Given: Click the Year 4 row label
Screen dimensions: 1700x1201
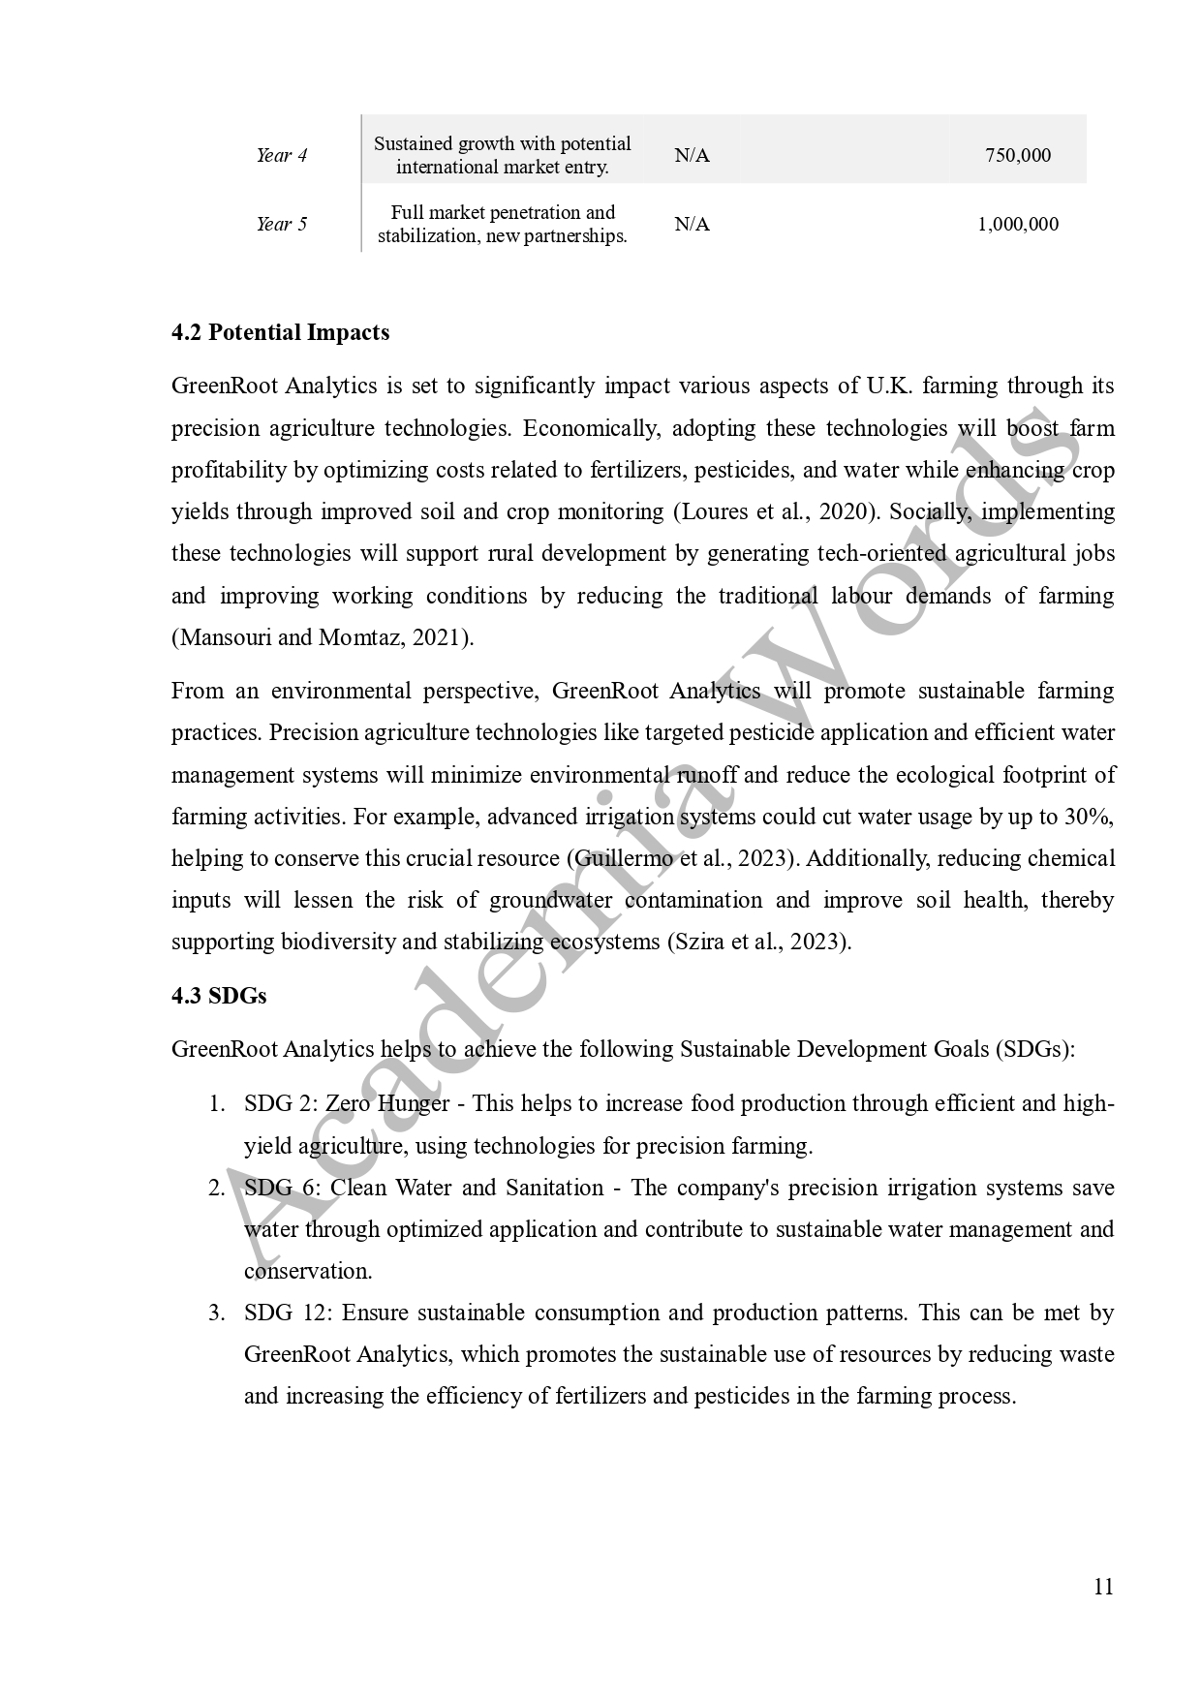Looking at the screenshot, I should (x=281, y=156).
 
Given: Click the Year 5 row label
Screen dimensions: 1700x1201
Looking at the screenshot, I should (x=281, y=225).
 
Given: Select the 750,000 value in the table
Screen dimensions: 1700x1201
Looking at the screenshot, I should (x=1017, y=156).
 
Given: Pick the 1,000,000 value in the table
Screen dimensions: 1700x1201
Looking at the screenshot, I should (x=1017, y=225).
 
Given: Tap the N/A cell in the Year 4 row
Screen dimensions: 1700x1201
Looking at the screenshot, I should (x=692, y=156).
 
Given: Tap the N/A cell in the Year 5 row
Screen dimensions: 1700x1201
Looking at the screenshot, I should (x=692, y=225).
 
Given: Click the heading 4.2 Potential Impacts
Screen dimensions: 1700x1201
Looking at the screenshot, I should (x=280, y=332).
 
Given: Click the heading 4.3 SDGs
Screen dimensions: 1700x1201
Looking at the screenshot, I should (x=219, y=996).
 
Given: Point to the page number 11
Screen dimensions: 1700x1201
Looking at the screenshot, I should (x=1102, y=1587).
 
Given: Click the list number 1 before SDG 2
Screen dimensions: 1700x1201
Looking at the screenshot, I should (x=217, y=1104).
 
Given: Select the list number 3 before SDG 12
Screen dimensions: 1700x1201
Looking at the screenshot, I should (x=217, y=1314).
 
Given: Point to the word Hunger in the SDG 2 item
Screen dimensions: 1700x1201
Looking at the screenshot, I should (x=414, y=1104).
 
